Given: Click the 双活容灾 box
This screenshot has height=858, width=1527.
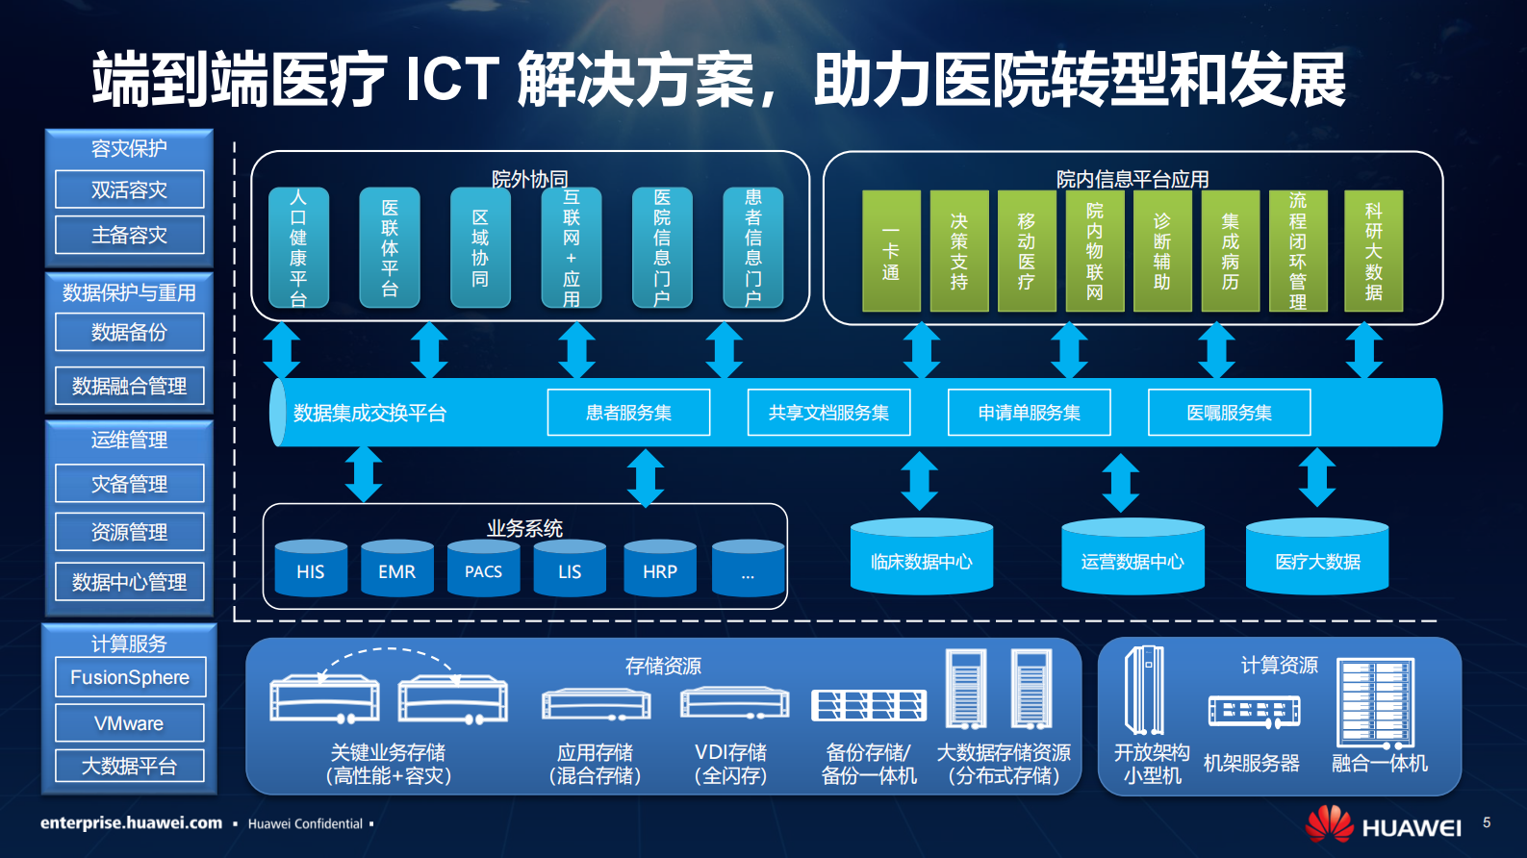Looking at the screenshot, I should point(129,189).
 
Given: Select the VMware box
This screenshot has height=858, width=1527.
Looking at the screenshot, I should point(129,723).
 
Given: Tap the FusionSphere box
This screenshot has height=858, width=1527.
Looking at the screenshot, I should point(129,677).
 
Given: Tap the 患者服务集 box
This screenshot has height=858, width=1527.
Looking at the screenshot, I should point(628,413).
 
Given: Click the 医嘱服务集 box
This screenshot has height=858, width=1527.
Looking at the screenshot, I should point(1229,413).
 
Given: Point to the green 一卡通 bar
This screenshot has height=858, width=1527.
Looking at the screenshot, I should point(891,251).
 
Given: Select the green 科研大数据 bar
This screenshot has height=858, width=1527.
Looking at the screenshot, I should point(1373,251).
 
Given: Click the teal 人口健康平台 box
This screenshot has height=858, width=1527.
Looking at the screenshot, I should point(298,248).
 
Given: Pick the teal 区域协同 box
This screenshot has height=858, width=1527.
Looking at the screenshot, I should point(480,248).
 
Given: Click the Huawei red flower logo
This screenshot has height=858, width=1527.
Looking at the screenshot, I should point(1329,824).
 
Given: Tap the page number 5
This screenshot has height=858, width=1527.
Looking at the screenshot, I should point(1487,822).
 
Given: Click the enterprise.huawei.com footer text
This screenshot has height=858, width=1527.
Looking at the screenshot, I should point(131,823).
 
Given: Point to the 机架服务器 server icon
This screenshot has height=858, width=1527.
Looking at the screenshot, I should point(1253,712).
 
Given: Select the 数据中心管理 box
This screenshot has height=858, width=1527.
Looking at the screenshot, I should point(129,582).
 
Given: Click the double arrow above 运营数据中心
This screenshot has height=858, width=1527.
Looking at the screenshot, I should point(1120,482).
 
